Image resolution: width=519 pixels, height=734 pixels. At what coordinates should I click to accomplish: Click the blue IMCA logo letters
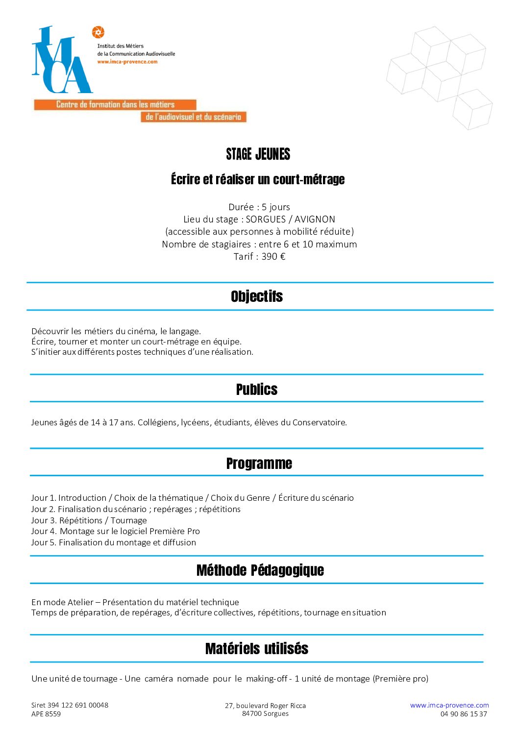(61, 61)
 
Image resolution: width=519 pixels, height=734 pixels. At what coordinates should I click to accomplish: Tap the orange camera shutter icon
(98, 32)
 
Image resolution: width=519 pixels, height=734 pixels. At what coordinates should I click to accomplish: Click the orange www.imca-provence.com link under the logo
(127, 62)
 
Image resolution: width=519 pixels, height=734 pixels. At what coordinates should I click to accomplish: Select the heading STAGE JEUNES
(258, 154)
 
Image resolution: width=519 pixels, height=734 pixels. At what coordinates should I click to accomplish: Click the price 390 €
(273, 256)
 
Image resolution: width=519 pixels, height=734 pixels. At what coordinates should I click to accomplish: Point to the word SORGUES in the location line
(265, 219)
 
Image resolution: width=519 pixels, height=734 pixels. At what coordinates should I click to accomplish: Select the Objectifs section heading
(257, 296)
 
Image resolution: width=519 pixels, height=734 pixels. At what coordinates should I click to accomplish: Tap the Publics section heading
(257, 390)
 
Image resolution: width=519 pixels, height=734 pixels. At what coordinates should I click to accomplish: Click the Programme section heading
(259, 464)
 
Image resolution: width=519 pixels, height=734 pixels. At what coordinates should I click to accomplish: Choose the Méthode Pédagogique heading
(260, 570)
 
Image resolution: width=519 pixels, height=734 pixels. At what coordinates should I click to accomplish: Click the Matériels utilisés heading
(257, 649)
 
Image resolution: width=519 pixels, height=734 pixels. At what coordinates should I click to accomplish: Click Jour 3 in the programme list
(43, 520)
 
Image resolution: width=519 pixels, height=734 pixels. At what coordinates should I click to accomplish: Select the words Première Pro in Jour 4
(174, 531)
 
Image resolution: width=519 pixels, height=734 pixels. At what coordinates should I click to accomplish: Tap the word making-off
(267, 679)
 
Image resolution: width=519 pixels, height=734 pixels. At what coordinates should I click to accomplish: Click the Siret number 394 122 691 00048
(78, 705)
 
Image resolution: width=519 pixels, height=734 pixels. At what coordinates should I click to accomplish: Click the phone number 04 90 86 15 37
(464, 714)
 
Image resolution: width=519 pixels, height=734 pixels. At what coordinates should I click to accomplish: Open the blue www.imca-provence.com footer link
(449, 705)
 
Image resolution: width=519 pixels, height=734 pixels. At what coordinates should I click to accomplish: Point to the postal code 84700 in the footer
(252, 713)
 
